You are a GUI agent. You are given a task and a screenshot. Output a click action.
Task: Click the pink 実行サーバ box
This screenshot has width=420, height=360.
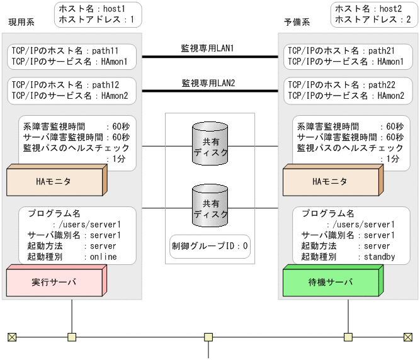(54, 282)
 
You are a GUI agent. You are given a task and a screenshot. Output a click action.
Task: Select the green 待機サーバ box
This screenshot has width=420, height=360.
(330, 282)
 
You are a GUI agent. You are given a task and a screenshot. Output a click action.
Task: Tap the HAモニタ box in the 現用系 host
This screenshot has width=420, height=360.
(53, 181)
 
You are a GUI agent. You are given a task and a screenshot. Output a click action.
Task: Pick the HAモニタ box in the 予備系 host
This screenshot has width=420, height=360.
(330, 181)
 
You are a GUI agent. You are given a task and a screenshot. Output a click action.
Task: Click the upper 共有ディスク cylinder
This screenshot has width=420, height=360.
(210, 144)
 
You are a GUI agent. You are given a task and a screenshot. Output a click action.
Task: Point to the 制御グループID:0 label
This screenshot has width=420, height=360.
(210, 246)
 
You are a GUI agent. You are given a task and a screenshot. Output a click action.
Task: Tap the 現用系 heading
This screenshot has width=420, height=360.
(21, 22)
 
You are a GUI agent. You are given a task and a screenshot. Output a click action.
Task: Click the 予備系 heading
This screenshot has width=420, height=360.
(297, 22)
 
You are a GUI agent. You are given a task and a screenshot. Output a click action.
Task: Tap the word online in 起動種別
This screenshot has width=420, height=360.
(103, 257)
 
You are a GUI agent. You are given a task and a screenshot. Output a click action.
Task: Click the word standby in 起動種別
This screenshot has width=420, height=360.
(376, 257)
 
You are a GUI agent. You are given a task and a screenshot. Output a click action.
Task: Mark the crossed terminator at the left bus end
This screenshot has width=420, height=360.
(12, 337)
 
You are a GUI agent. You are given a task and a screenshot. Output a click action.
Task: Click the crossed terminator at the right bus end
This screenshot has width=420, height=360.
(408, 337)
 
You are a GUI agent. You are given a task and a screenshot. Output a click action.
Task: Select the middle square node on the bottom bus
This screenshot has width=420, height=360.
(209, 337)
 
